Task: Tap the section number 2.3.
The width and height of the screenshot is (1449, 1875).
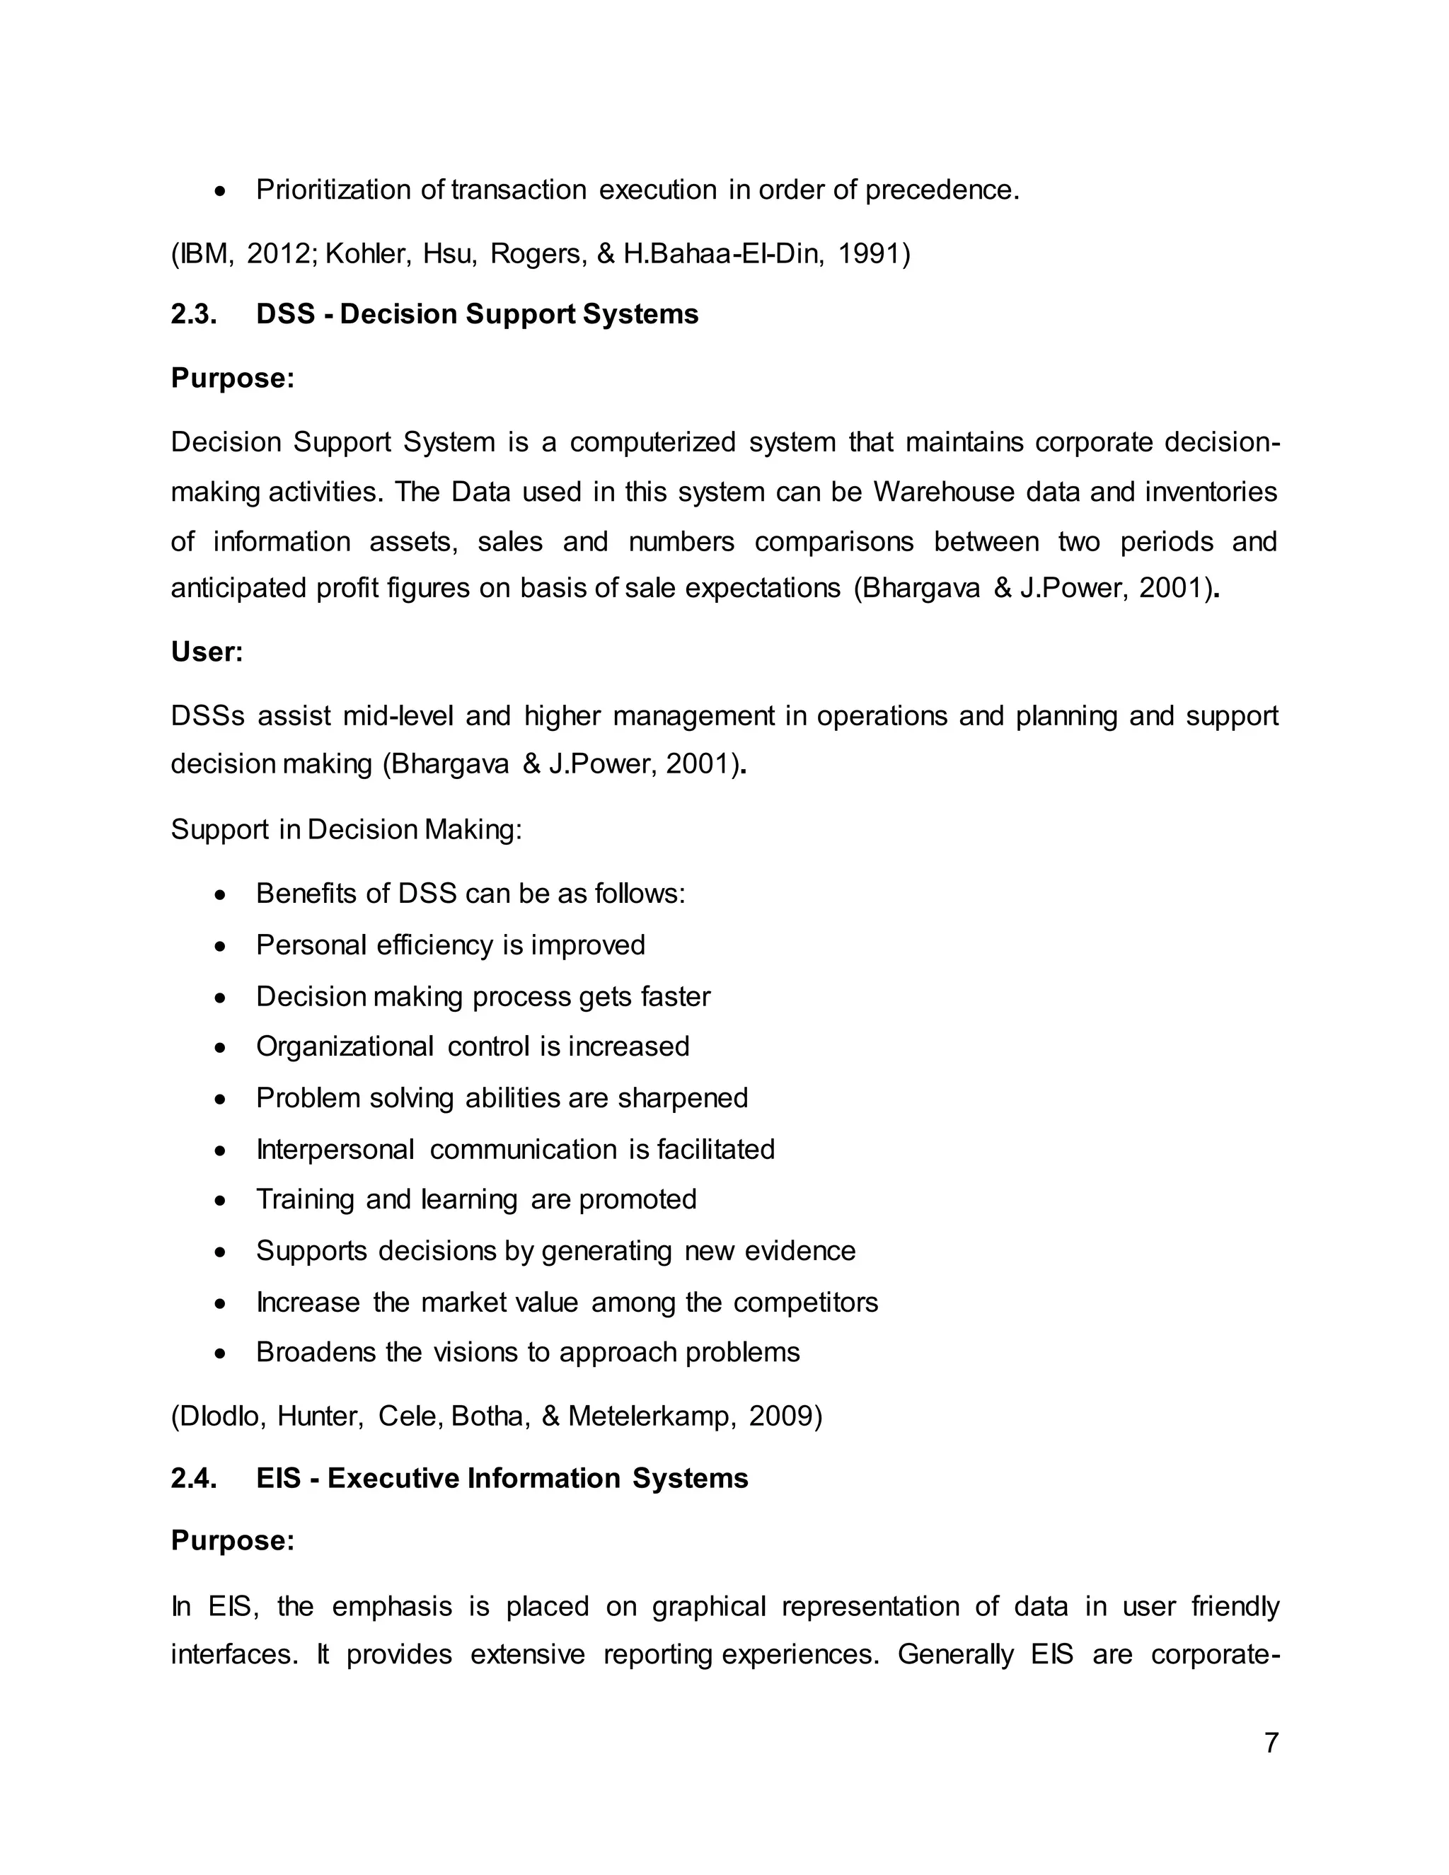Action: pyautogui.click(x=193, y=314)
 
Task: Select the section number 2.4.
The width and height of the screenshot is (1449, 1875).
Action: pyautogui.click(x=193, y=1478)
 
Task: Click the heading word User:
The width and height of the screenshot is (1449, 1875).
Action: pyautogui.click(x=207, y=652)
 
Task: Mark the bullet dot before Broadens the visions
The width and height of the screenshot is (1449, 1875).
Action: pyautogui.click(x=221, y=1354)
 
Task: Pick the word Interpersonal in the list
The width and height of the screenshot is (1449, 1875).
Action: pyautogui.click(x=335, y=1150)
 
